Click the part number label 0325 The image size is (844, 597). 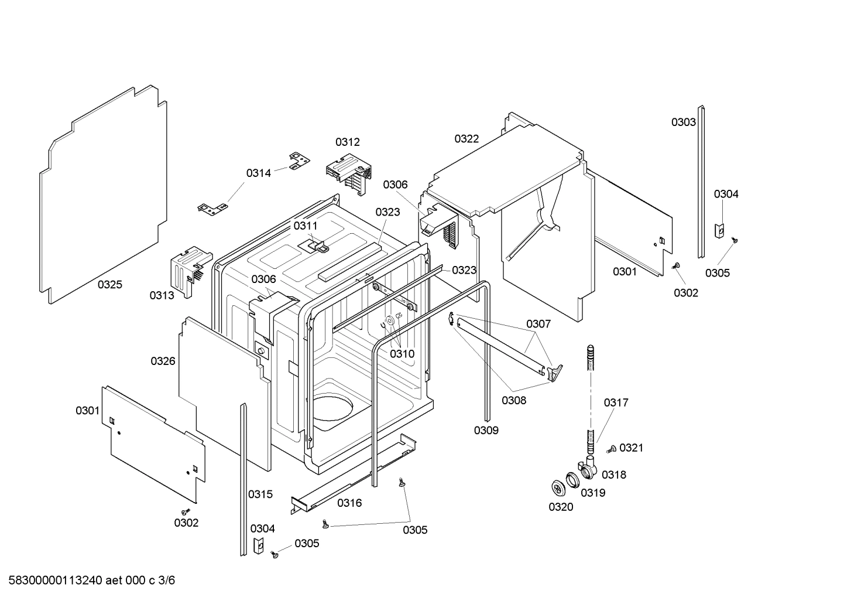(x=109, y=285)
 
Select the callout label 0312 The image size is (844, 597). (x=347, y=142)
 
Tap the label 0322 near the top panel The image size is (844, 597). (x=466, y=139)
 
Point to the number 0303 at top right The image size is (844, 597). (x=683, y=122)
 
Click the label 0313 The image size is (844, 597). (x=162, y=295)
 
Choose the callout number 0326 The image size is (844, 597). (x=163, y=361)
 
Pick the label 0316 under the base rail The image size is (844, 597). (x=349, y=503)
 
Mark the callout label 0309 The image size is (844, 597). (x=486, y=431)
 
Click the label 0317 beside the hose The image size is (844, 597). (x=616, y=402)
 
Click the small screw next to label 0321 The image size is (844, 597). (x=610, y=449)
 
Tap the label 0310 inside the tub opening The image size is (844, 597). (x=402, y=354)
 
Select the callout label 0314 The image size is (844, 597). (x=258, y=173)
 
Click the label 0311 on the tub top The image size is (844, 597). (x=305, y=226)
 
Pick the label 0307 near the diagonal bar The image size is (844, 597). (x=538, y=323)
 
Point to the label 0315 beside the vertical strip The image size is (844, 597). (x=260, y=494)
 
